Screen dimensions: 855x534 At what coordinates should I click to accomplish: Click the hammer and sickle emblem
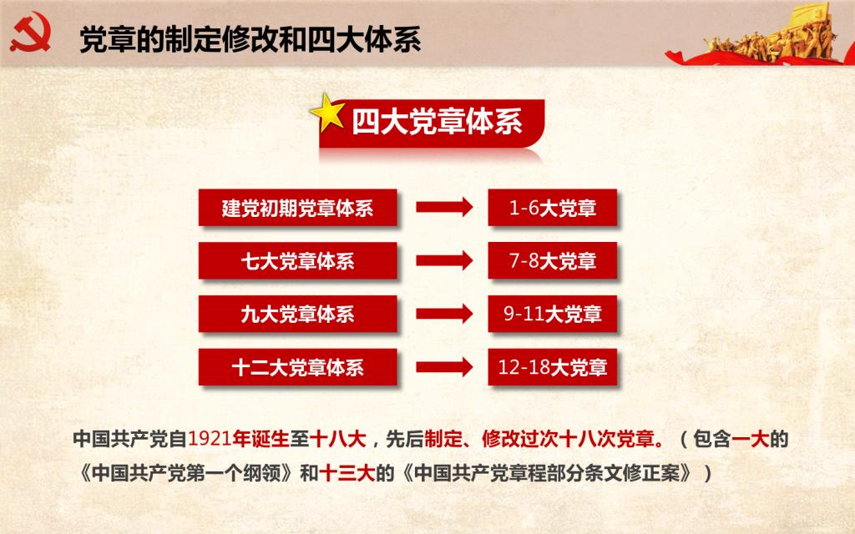coord(31,33)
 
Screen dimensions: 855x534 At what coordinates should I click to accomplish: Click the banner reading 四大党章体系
coord(432,123)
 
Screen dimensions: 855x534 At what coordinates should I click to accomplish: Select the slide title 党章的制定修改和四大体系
coord(250,39)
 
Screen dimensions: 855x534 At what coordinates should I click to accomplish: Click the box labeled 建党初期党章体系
coord(298,208)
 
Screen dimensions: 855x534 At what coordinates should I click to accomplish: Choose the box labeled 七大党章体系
coord(298,260)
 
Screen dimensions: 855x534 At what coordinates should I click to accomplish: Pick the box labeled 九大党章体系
coord(298,314)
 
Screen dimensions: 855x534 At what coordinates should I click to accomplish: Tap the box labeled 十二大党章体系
coord(298,367)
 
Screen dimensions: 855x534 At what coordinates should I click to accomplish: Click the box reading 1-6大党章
coord(553,208)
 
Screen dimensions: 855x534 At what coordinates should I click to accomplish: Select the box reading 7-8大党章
coord(553,260)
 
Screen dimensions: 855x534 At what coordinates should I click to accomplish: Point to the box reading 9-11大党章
coord(553,314)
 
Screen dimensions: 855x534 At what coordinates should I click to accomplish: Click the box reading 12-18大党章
coord(553,367)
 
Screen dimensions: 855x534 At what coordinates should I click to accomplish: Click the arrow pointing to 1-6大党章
coord(444,207)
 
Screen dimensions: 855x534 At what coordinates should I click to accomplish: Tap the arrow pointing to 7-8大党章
coord(444,260)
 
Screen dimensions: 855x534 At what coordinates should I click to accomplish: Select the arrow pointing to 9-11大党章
coord(444,314)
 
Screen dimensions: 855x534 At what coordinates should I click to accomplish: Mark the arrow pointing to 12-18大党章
coord(444,367)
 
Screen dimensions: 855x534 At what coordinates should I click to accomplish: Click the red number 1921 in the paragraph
coord(210,439)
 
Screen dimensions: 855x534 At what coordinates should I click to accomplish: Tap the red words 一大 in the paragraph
coord(751,439)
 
